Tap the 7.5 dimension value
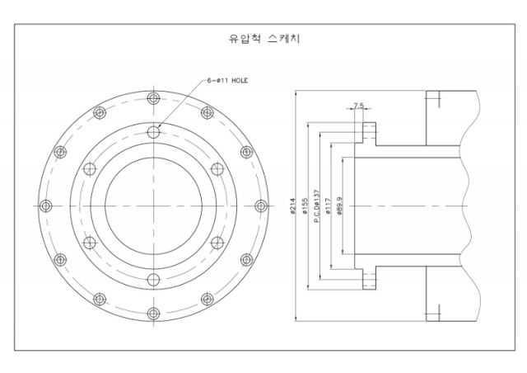coord(357,106)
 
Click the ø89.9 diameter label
coord(340,206)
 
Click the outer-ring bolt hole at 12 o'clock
coord(153,99)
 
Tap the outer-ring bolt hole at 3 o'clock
coord(260,205)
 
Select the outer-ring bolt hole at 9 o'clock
coord(46,205)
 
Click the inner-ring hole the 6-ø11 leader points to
coord(153,132)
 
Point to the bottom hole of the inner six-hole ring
coord(153,279)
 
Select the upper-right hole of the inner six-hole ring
coord(217,169)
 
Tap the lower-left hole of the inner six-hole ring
coord(90,243)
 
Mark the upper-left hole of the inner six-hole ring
coord(90,169)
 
